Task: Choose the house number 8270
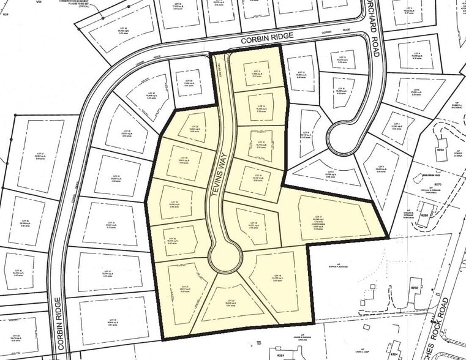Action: tap(437, 183)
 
